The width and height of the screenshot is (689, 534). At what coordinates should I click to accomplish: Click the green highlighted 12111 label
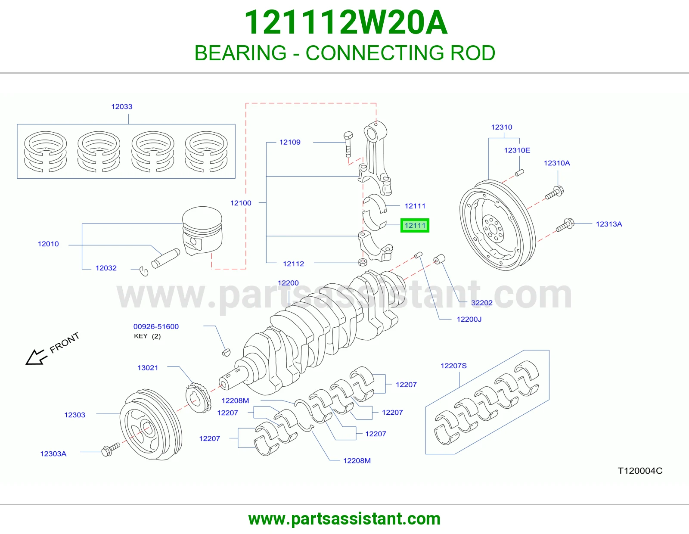click(x=415, y=226)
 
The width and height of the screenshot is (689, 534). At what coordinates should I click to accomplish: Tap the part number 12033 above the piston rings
click(x=122, y=106)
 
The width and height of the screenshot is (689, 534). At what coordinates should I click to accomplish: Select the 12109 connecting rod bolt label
click(x=290, y=142)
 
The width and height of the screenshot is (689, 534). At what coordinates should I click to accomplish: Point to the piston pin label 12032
click(x=106, y=268)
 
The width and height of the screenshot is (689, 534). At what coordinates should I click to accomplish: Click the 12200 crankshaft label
click(x=288, y=283)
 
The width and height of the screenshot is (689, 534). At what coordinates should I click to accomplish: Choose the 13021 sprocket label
click(x=148, y=367)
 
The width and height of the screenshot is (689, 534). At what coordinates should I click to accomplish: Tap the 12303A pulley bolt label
click(x=53, y=454)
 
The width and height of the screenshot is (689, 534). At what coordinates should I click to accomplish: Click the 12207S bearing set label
click(x=454, y=366)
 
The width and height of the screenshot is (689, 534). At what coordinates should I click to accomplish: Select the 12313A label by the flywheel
click(x=609, y=224)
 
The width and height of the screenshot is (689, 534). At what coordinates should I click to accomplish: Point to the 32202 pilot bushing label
click(x=482, y=302)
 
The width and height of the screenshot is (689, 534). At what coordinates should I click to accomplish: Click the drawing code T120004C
click(x=640, y=471)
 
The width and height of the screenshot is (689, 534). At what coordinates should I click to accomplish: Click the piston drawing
click(x=202, y=230)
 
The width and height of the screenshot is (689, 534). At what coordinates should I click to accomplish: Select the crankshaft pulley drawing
click(x=151, y=425)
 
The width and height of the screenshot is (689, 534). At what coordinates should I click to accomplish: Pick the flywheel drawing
click(x=498, y=226)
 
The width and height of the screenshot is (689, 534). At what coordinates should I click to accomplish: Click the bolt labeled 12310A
click(x=554, y=192)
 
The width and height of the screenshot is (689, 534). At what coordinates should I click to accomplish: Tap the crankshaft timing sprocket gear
click(x=199, y=397)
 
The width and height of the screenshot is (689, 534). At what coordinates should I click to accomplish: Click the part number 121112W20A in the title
click(x=346, y=22)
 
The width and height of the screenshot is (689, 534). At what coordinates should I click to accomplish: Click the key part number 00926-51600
click(x=156, y=326)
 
